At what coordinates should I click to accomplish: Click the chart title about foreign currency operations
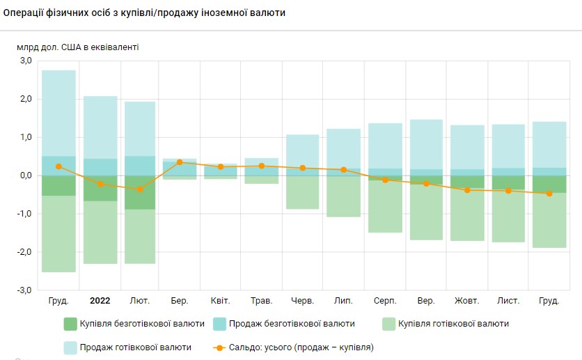(x=144, y=13)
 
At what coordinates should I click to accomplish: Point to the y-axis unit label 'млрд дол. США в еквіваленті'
(x=77, y=47)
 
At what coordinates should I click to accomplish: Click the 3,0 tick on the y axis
(x=26, y=61)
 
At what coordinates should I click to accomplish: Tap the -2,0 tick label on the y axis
(x=24, y=252)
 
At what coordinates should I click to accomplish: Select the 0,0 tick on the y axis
(x=26, y=175)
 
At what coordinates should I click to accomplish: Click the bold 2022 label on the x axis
(x=100, y=301)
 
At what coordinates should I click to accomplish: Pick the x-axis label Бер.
(x=179, y=301)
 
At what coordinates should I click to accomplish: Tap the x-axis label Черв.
(x=303, y=301)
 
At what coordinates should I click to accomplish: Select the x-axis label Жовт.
(x=466, y=301)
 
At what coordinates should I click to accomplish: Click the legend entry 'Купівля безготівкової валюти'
(x=142, y=324)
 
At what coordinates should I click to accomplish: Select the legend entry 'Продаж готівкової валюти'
(x=135, y=347)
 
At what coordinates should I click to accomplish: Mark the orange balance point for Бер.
(x=180, y=162)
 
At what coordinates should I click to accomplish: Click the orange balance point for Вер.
(x=426, y=183)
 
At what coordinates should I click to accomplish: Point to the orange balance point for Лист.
(x=508, y=191)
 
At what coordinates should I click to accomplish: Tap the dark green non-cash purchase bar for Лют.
(x=140, y=192)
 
